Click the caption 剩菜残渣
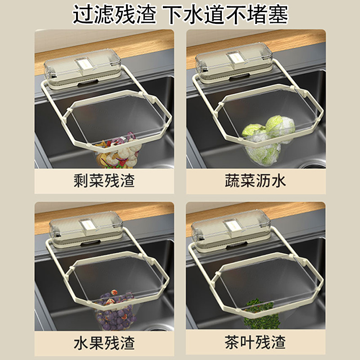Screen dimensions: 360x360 point(104,181)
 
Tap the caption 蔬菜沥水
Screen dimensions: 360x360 point(255,181)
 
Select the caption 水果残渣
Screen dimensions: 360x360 point(104,343)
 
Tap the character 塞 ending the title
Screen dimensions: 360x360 point(278,14)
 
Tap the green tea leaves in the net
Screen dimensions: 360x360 point(262,313)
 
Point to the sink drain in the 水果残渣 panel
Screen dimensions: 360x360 point(158,328)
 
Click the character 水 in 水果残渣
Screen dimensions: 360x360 point(81,343)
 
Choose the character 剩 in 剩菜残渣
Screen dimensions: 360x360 point(81,181)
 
